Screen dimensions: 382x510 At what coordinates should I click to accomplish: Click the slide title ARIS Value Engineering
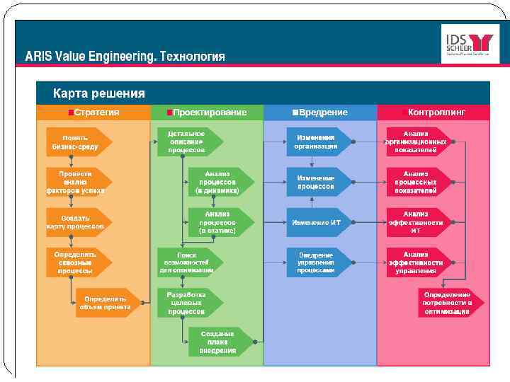coord(125,57)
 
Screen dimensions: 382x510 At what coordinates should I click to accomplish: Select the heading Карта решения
coord(99,93)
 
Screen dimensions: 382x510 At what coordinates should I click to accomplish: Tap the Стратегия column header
coord(93,112)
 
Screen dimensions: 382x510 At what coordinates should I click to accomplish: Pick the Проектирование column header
coord(207,112)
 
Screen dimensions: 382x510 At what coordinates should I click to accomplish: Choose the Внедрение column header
coord(319,112)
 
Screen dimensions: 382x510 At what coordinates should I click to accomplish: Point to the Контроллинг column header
coord(433,112)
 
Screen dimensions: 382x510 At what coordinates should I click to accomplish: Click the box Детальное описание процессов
coord(187,141)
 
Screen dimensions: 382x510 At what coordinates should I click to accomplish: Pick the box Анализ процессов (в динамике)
coord(218,181)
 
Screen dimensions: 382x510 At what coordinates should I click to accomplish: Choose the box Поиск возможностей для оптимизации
coord(187,261)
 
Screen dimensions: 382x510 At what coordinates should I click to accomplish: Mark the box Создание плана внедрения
coord(218,342)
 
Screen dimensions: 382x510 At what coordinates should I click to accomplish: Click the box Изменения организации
coord(317,141)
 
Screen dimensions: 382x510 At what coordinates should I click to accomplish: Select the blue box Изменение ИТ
coord(317,222)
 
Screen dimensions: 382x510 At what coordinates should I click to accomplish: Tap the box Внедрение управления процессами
coord(317,262)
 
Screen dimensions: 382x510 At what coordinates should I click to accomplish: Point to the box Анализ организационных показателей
coord(416,141)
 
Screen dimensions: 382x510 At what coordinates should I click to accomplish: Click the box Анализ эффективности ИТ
coord(416,221)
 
